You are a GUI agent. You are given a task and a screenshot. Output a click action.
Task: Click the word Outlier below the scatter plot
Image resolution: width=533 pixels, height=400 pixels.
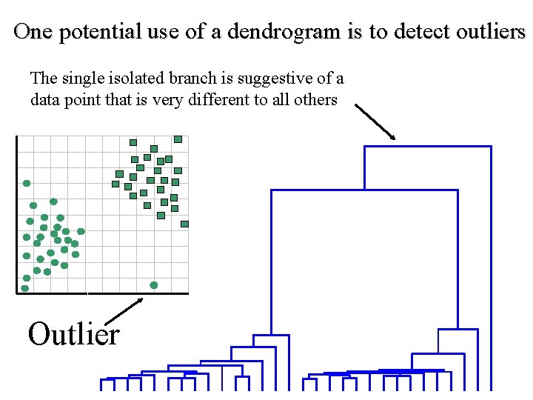73,335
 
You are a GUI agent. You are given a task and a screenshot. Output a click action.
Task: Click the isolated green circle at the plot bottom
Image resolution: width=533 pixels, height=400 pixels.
154,284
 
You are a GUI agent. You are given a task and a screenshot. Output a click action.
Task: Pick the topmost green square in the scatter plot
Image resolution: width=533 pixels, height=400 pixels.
178,139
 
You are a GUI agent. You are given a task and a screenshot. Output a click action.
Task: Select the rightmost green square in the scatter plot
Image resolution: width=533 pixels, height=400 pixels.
184,224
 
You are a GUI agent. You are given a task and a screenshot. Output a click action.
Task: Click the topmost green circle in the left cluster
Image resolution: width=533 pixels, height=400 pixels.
27,183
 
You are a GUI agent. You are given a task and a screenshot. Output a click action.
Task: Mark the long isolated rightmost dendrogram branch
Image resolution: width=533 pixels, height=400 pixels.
490,267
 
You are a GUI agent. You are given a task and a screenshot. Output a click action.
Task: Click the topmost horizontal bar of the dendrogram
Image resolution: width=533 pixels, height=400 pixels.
427,147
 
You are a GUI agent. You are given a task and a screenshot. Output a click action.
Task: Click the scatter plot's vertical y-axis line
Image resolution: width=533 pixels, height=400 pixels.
16,215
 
